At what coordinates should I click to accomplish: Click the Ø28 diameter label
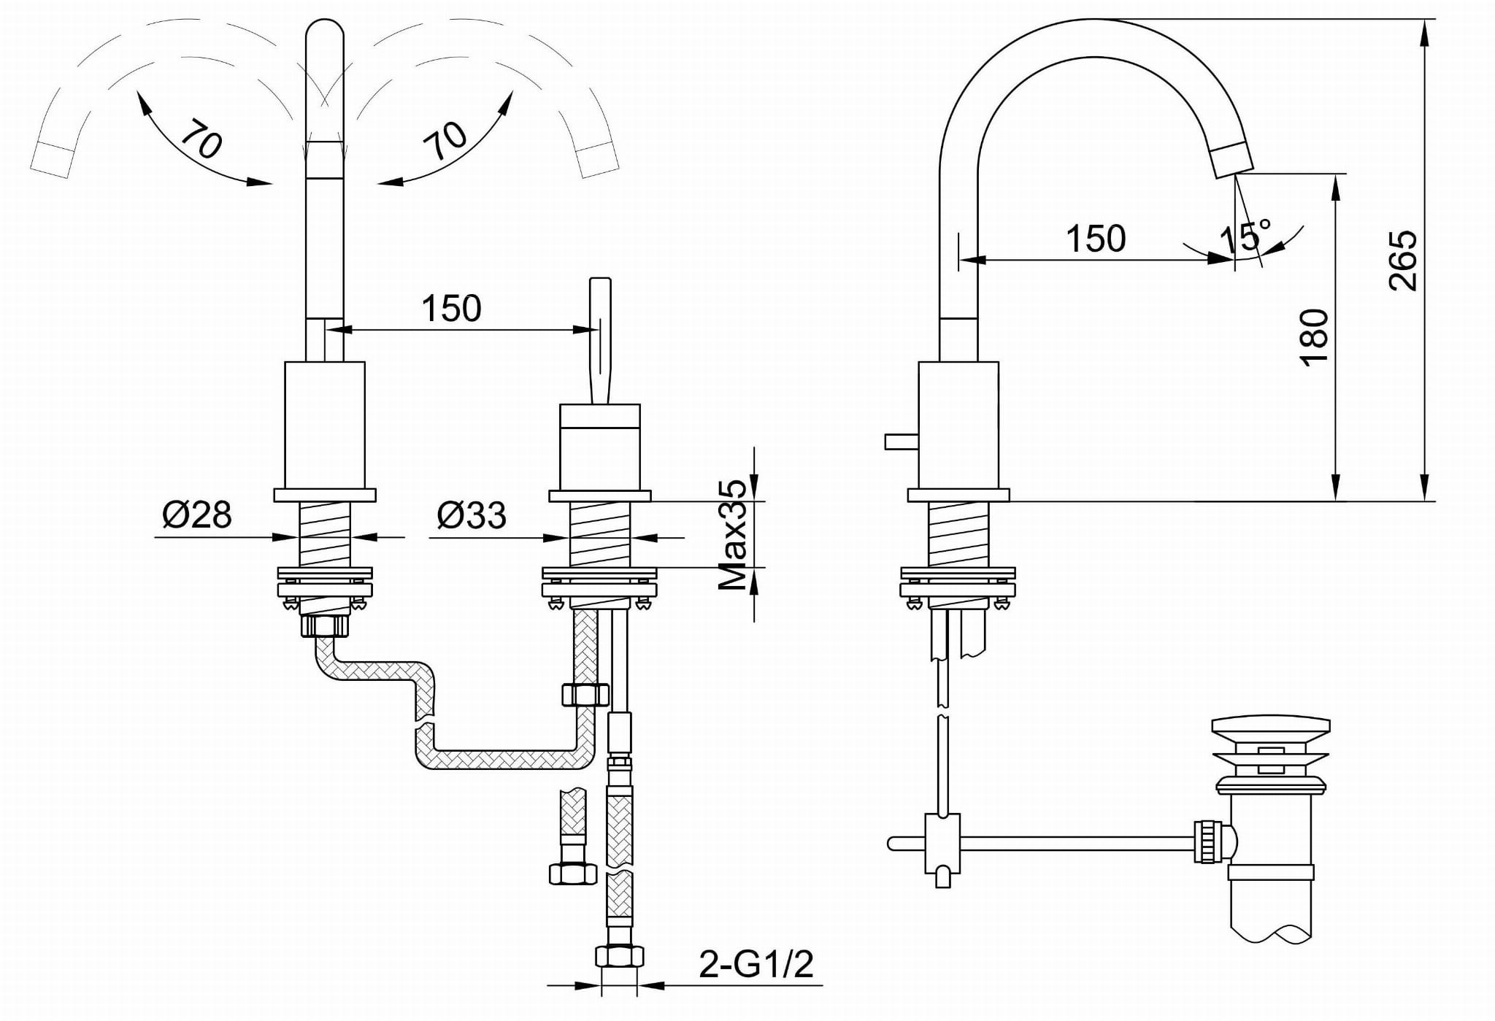pyautogui.click(x=197, y=515)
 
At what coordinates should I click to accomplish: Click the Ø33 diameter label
pyautogui.click(x=472, y=515)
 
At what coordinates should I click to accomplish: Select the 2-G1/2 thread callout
pyautogui.click(x=756, y=964)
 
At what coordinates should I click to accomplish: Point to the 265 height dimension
pyautogui.click(x=1402, y=261)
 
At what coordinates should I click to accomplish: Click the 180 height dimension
pyautogui.click(x=1314, y=337)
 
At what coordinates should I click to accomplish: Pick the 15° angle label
pyautogui.click(x=1245, y=236)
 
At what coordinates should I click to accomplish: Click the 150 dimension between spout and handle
pyautogui.click(x=451, y=308)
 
